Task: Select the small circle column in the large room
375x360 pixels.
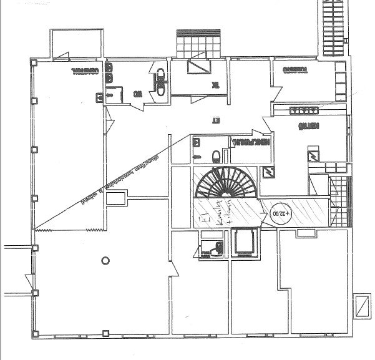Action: coord(105,260)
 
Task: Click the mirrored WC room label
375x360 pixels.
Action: coord(138,95)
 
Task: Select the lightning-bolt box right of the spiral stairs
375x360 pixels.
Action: coord(269,172)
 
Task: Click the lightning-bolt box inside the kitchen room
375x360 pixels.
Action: coord(313,155)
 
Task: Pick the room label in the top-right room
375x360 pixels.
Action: coord(293,70)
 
